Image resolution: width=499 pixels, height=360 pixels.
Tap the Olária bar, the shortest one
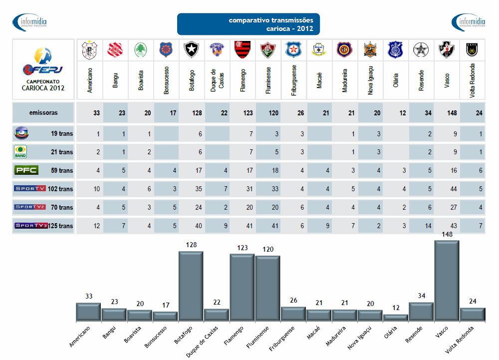click(x=395, y=317)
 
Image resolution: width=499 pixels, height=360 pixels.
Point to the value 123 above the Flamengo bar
click(x=242, y=248)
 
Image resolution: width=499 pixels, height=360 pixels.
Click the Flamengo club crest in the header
click(x=242, y=49)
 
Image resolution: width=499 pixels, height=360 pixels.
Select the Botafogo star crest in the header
click(x=191, y=49)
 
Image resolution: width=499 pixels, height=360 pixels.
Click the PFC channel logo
click(x=26, y=170)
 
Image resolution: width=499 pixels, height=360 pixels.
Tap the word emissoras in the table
click(x=43, y=113)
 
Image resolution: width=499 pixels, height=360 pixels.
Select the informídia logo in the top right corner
click(x=468, y=22)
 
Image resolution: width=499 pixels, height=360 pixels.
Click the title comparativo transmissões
click(x=271, y=20)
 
